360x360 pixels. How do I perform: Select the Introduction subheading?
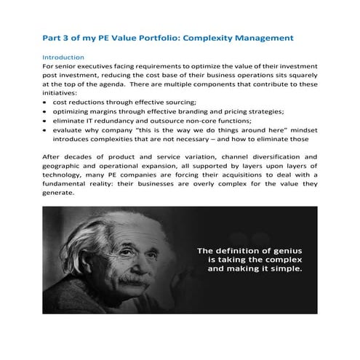click(64, 57)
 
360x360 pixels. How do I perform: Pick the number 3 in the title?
click(69, 36)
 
